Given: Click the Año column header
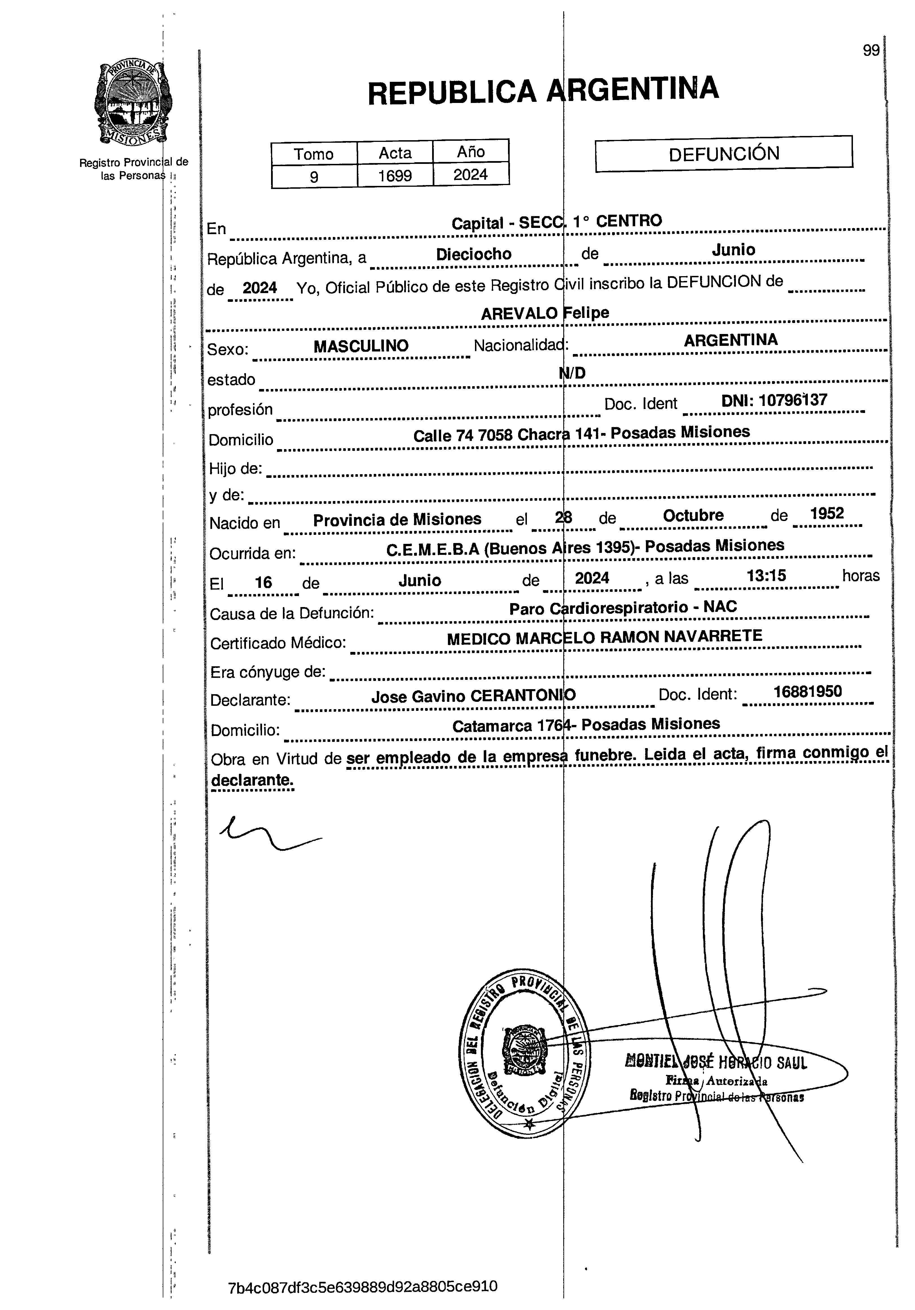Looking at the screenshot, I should pyautogui.click(x=471, y=152).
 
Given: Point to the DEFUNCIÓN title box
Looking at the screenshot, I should pyautogui.click(x=723, y=153).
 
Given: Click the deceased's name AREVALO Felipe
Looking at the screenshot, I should pyautogui.click(x=545, y=313).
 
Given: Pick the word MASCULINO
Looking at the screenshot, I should pyautogui.click(x=361, y=346).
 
